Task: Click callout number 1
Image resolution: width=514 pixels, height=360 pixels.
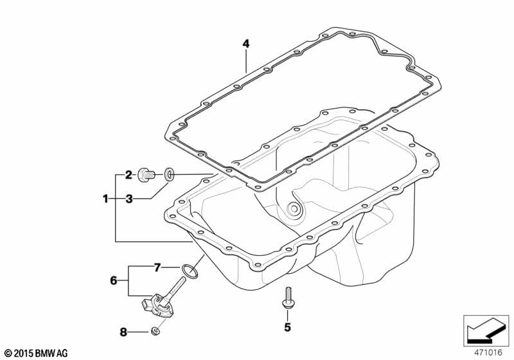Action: coord(105,199)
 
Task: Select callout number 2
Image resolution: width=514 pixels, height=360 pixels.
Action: coord(129,175)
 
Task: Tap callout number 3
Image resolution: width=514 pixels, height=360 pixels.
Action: coord(129,199)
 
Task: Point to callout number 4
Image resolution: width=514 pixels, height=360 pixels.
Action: coord(246,44)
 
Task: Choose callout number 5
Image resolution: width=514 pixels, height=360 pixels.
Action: coord(287,327)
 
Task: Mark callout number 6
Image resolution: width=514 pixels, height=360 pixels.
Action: coord(114,281)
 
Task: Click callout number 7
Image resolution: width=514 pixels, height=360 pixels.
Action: coord(157,268)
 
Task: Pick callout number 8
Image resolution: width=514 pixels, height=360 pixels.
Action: coord(123,332)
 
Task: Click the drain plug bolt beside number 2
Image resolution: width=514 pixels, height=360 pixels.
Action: coord(146,174)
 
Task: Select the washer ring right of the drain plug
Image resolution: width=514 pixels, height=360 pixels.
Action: coord(169,174)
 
